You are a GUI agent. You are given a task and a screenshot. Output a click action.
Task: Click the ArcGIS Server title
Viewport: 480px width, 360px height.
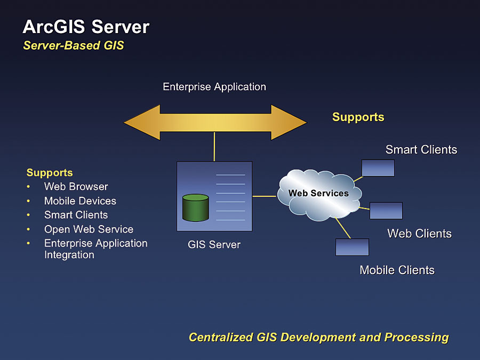(x=86, y=27)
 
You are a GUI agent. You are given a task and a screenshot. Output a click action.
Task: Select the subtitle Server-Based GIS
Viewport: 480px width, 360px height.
(x=73, y=45)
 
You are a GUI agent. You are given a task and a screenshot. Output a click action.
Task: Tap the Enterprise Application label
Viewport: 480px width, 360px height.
(x=214, y=86)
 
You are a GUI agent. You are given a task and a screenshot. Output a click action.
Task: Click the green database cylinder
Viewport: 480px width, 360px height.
(x=195, y=207)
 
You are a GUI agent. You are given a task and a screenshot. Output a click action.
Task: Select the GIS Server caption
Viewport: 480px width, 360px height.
(x=214, y=245)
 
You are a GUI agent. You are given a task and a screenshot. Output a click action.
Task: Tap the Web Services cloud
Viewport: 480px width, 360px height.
(x=318, y=194)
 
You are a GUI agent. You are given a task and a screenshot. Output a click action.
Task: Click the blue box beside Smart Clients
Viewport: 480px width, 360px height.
(x=378, y=168)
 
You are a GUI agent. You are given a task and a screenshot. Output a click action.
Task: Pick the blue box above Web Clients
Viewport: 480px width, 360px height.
(x=386, y=211)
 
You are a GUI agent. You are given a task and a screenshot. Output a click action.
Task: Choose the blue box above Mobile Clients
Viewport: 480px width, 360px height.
(x=352, y=247)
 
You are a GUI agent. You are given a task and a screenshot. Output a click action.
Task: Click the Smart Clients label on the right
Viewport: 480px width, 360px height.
(x=421, y=150)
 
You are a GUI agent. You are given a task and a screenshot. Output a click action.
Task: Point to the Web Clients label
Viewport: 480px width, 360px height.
(x=419, y=234)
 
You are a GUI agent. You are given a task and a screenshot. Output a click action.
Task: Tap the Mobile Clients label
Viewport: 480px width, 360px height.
(x=397, y=270)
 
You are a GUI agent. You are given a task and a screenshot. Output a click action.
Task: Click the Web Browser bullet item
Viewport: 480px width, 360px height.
(x=76, y=187)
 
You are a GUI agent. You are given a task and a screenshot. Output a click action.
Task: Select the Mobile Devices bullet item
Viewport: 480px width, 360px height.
(x=80, y=201)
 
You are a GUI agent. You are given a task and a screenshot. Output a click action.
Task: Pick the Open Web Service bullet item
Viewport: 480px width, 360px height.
(x=89, y=229)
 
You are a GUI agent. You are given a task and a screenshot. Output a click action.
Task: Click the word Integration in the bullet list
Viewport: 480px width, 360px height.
(x=69, y=255)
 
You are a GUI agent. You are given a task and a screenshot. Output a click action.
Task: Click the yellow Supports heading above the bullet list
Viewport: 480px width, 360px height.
(x=50, y=173)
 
